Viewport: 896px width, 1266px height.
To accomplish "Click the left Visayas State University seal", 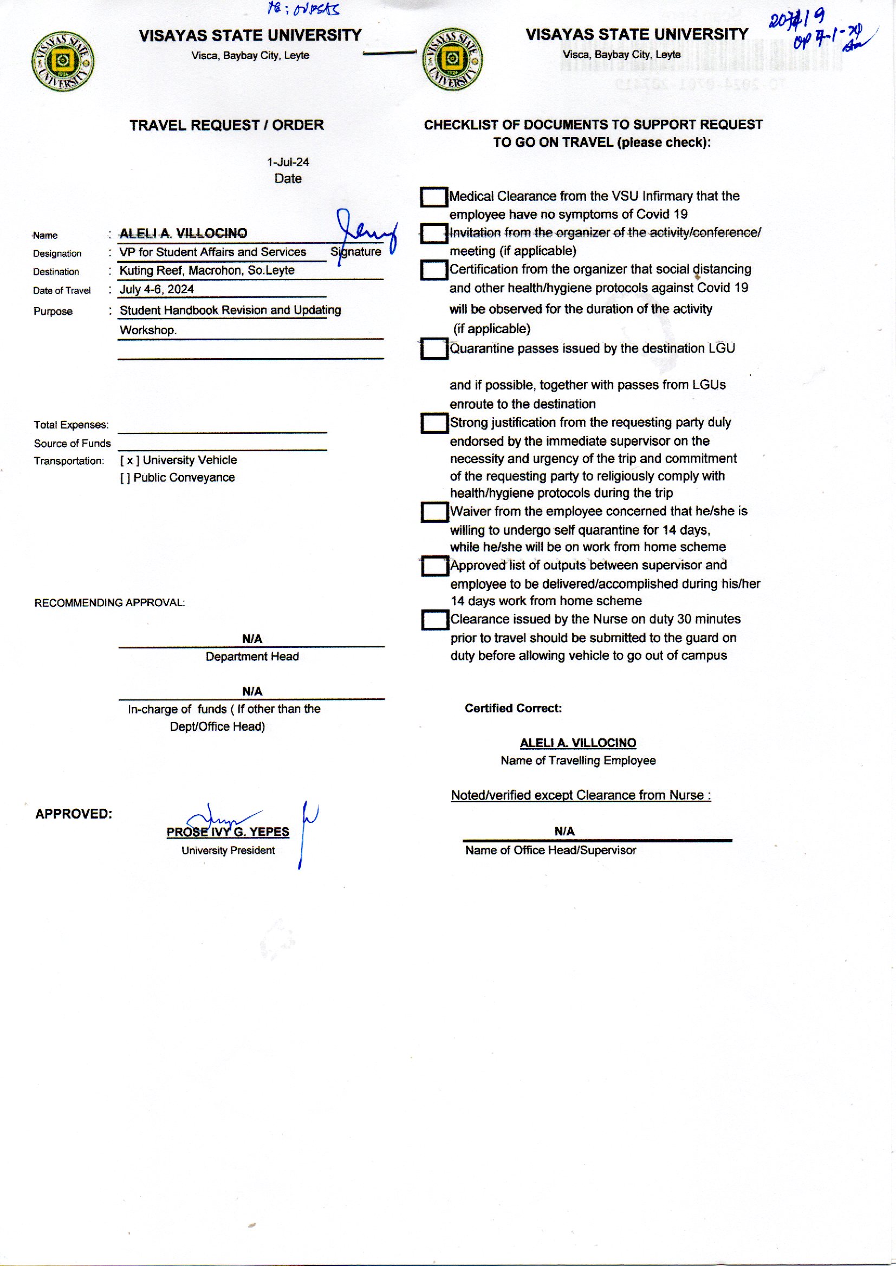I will [x=63, y=61].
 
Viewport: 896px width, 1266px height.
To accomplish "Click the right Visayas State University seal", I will [x=452, y=60].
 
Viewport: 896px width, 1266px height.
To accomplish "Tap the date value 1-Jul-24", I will [x=288, y=162].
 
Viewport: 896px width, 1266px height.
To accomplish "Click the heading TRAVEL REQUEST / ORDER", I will [x=227, y=125].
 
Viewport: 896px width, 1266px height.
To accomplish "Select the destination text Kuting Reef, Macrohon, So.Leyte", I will [x=207, y=270].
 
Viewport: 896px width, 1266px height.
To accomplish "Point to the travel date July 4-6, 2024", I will [x=157, y=289].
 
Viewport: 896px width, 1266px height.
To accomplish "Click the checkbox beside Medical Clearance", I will [x=434, y=198].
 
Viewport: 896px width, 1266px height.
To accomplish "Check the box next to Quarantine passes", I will [x=434, y=349].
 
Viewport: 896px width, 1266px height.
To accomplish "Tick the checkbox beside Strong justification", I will [x=434, y=423].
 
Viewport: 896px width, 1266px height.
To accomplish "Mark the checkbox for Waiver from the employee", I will [x=434, y=512].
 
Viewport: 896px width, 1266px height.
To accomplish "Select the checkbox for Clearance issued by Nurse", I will [x=434, y=620].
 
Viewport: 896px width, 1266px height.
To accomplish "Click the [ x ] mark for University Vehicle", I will [x=129, y=460].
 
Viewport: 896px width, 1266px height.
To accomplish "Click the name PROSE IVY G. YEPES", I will [x=228, y=832].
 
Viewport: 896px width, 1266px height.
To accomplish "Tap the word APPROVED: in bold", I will [x=73, y=814].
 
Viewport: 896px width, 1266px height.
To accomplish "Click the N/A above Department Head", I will [x=251, y=639].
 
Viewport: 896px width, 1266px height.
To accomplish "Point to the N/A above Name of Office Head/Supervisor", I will [x=564, y=832].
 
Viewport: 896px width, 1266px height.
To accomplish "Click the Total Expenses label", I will [x=71, y=425].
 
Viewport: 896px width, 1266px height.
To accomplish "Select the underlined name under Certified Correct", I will [x=577, y=743].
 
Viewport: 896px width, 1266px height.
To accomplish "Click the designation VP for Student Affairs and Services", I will [x=212, y=252].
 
